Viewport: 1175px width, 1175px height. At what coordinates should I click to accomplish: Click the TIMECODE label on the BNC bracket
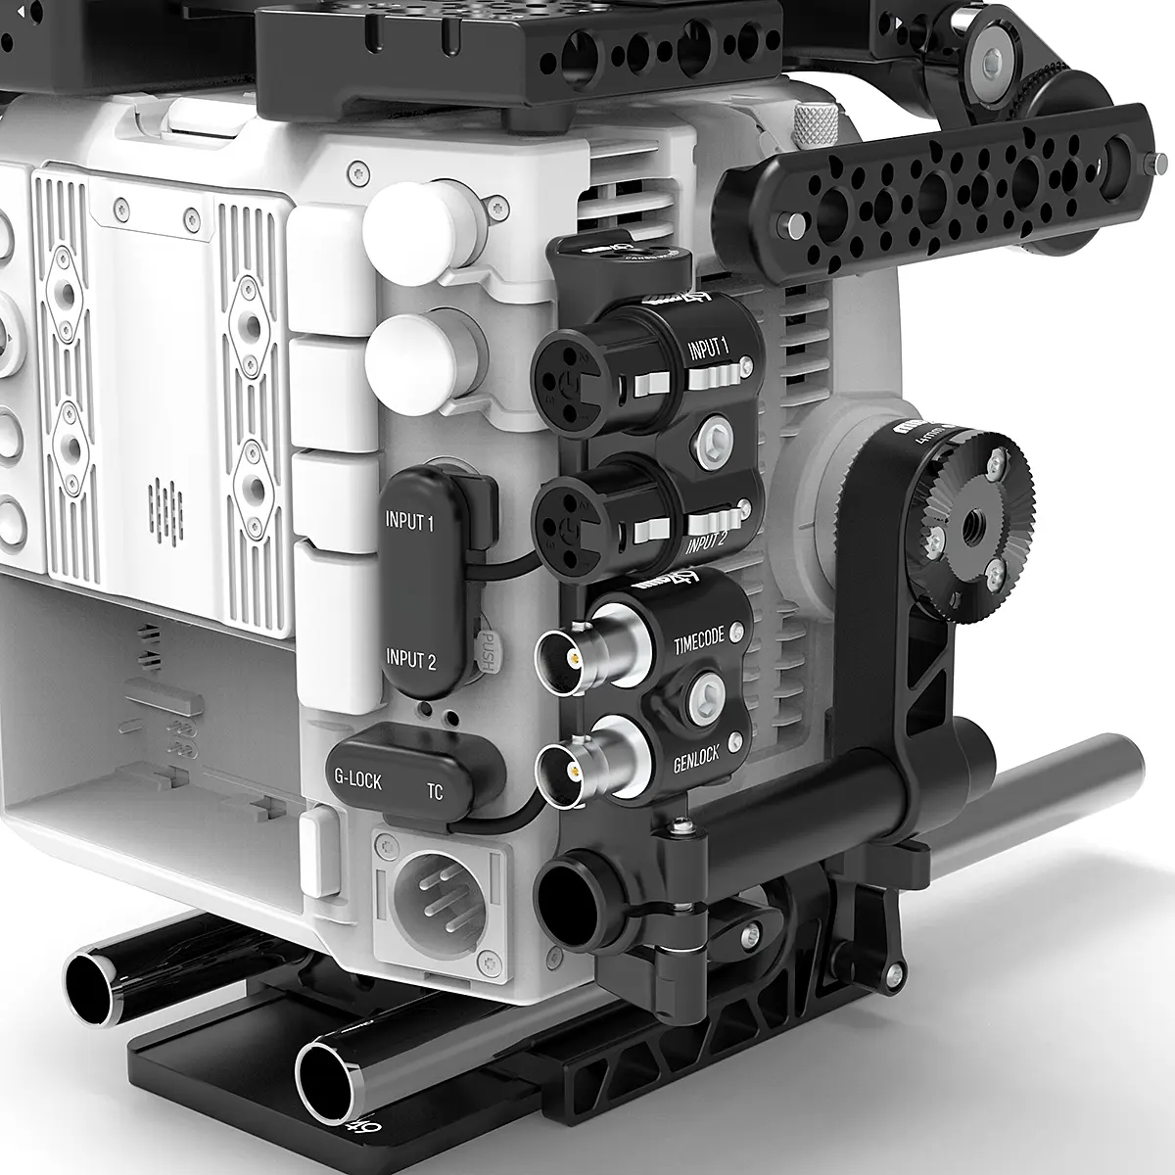click(699, 636)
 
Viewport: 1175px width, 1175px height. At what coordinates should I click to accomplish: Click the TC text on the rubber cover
click(435, 790)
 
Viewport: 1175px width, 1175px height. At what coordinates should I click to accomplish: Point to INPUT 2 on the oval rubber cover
click(410, 659)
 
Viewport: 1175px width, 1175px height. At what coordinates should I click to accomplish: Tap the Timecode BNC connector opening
click(560, 655)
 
